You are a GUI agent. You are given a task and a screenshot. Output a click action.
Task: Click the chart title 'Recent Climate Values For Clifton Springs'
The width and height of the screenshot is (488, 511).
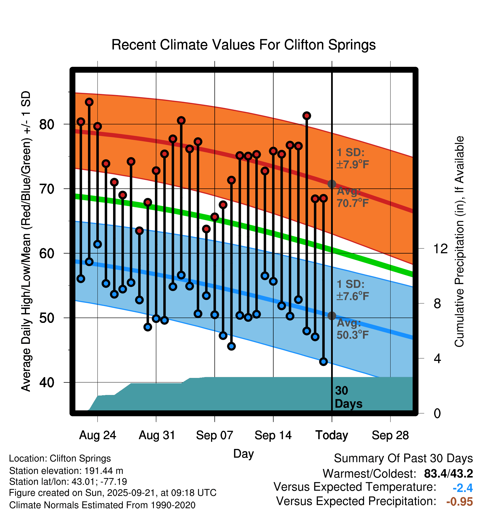[243, 45]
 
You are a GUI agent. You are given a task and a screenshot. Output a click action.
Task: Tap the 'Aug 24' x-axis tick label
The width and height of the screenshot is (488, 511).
[97, 435]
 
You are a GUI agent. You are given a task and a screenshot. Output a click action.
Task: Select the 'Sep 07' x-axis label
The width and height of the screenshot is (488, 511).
[214, 435]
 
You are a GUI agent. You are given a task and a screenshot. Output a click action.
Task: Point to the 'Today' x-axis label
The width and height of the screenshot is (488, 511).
[332, 435]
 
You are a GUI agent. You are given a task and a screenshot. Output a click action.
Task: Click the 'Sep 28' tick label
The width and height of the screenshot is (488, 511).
[390, 435]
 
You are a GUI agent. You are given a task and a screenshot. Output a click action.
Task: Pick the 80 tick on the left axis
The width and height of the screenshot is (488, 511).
[47, 124]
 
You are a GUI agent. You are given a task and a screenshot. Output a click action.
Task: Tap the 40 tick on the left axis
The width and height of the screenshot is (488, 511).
[47, 382]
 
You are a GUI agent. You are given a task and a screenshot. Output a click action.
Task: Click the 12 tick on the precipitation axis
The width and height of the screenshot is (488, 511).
[440, 249]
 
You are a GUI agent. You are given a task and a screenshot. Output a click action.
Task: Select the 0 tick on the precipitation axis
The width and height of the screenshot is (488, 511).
[437, 413]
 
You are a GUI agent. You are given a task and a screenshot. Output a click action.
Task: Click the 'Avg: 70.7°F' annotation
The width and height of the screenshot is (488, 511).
[352, 197]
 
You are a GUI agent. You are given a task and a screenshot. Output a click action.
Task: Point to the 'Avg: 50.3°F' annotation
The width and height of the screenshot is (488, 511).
[352, 329]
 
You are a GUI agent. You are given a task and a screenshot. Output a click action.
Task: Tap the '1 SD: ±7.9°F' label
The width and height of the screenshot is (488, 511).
[352, 158]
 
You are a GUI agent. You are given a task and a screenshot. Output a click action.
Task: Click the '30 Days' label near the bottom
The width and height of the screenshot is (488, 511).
[348, 397]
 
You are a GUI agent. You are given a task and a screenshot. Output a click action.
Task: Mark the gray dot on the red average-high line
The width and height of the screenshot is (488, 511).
[332, 184]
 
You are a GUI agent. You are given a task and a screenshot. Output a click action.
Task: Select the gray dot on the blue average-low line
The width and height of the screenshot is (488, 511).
[332, 316]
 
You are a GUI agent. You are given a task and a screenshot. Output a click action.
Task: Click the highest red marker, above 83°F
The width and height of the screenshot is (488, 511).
[89, 102]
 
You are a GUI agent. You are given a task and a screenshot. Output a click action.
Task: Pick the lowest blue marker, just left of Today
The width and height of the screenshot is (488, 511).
[323, 361]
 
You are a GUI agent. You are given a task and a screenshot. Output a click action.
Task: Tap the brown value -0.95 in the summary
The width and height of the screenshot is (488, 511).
[460, 501]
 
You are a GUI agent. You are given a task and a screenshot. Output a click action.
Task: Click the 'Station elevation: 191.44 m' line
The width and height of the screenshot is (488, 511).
[66, 471]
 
